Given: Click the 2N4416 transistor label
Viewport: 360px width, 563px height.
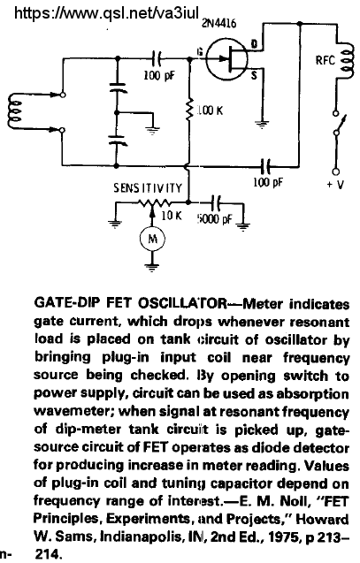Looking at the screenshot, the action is pyautogui.click(x=218, y=23).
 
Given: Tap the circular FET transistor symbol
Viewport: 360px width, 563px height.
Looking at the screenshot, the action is pyautogui.click(x=227, y=59).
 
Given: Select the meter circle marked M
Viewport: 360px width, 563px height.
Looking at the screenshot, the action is pyautogui.click(x=152, y=239).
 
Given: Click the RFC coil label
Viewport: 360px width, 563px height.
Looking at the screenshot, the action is pyautogui.click(x=326, y=60).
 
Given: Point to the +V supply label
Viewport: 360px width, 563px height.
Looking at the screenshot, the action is pyautogui.click(x=335, y=185).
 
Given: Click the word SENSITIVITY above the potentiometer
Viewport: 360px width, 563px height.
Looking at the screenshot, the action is pyautogui.click(x=148, y=187).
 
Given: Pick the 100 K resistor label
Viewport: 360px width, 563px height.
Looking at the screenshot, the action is pyautogui.click(x=210, y=110).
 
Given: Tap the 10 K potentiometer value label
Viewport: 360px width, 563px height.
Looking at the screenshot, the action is pyautogui.click(x=172, y=215).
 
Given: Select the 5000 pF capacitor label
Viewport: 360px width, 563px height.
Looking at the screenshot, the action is pyautogui.click(x=214, y=218).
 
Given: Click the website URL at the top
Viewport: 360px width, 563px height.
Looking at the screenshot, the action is pyautogui.click(x=106, y=13).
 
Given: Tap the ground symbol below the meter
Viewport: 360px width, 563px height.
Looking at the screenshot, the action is pyautogui.click(x=152, y=268).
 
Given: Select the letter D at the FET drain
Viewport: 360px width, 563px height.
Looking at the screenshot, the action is pyautogui.click(x=254, y=44).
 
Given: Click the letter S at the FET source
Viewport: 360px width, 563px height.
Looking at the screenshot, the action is pyautogui.click(x=254, y=75).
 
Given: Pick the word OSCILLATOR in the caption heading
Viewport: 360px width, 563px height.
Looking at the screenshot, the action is pyautogui.click(x=182, y=303).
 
